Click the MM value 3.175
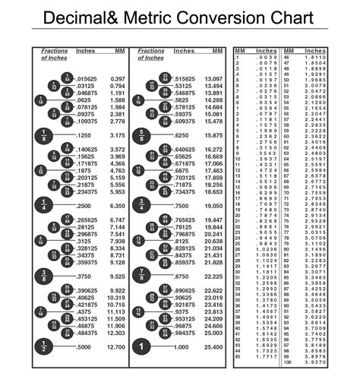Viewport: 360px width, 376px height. pyautogui.click(x=117, y=135)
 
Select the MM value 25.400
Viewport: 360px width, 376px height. pyautogui.click(x=213, y=346)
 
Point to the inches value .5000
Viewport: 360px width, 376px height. pyautogui.click(x=87, y=346)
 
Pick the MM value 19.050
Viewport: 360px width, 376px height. pyautogui.click(x=213, y=206)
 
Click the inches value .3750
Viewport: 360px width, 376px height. pyautogui.click(x=87, y=276)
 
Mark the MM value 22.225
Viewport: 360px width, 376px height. pyautogui.click(x=213, y=276)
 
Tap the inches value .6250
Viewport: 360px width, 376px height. pyautogui.click(x=183, y=135)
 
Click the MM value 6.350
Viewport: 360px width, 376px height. pyautogui.click(x=117, y=206)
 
